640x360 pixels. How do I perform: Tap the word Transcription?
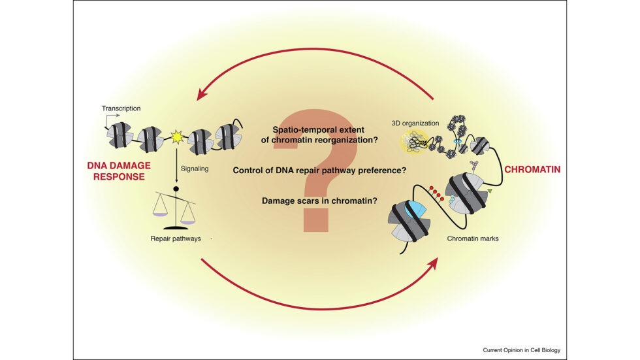[121, 108]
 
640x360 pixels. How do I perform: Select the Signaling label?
[195, 168]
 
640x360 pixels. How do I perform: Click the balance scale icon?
[175, 209]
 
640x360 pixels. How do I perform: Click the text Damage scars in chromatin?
[319, 201]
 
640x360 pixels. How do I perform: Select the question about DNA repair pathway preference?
[319, 171]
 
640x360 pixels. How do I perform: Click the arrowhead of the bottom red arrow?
[433, 262]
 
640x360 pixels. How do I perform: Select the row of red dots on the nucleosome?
[437, 192]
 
